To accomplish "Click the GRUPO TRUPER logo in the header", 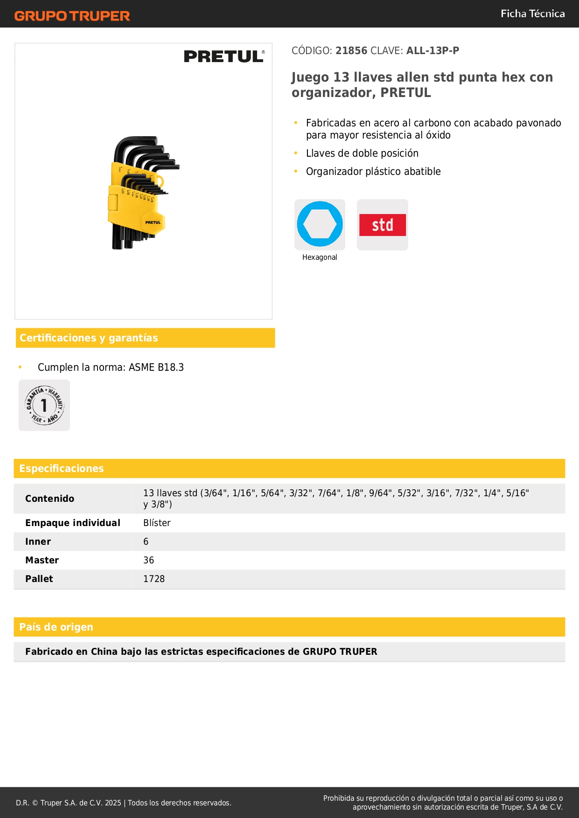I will [x=72, y=16].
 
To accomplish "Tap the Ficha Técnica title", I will [x=532, y=14].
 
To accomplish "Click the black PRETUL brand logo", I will [x=224, y=56].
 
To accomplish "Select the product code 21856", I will [x=351, y=50].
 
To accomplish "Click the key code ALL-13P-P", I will [x=433, y=50].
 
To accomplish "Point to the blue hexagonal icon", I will [x=320, y=224].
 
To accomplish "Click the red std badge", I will [x=382, y=225].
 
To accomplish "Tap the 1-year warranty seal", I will [x=44, y=405].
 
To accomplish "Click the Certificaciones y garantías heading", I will [x=89, y=338].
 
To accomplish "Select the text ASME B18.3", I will [x=156, y=367].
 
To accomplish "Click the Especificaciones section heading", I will [x=62, y=468].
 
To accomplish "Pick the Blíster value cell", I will [x=157, y=523].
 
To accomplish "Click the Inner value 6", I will [x=146, y=541].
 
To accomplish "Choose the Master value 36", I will [x=148, y=560].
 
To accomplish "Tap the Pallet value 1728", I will [x=154, y=579].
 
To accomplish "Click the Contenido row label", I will [x=49, y=499].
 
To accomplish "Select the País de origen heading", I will [x=56, y=627].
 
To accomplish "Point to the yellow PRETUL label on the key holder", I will [x=153, y=222].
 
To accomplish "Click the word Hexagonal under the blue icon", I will [x=320, y=257].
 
